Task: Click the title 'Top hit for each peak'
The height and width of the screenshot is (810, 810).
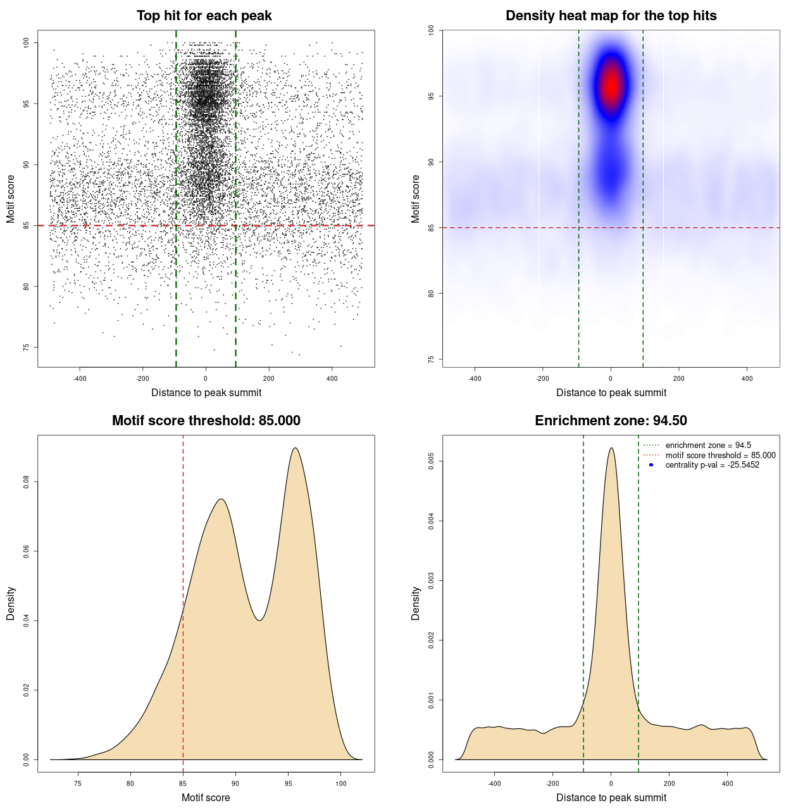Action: (x=204, y=16)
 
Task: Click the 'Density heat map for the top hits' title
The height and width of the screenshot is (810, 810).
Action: (x=611, y=16)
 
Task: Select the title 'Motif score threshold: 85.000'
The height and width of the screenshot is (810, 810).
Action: (x=206, y=421)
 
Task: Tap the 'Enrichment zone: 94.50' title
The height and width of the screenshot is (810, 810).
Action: (x=611, y=421)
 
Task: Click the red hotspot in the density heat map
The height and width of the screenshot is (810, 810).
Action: (x=611, y=85)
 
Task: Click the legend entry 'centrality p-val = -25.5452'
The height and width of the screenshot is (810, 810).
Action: (x=712, y=465)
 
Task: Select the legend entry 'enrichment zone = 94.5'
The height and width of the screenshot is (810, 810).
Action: (x=708, y=445)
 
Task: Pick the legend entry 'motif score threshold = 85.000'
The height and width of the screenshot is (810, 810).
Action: (x=720, y=455)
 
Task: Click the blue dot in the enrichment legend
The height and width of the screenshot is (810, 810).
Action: (x=651, y=465)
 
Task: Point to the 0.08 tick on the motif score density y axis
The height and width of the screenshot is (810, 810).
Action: (x=26, y=482)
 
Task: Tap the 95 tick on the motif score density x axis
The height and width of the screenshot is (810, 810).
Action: (x=289, y=783)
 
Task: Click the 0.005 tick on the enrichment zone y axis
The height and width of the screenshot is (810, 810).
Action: (x=431, y=462)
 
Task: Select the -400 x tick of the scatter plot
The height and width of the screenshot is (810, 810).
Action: (x=80, y=378)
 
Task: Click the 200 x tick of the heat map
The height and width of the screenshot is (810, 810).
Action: (x=678, y=378)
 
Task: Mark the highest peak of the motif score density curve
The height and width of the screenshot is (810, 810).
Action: (x=295, y=448)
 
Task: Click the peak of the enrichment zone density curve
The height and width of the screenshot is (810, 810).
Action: (x=611, y=448)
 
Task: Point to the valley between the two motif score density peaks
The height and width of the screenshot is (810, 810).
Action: (x=259, y=620)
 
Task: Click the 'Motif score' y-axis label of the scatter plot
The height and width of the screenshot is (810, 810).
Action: (x=11, y=199)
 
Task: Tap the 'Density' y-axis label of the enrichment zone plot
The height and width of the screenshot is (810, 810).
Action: (x=416, y=603)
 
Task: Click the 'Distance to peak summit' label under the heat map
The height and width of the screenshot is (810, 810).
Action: (x=611, y=393)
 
